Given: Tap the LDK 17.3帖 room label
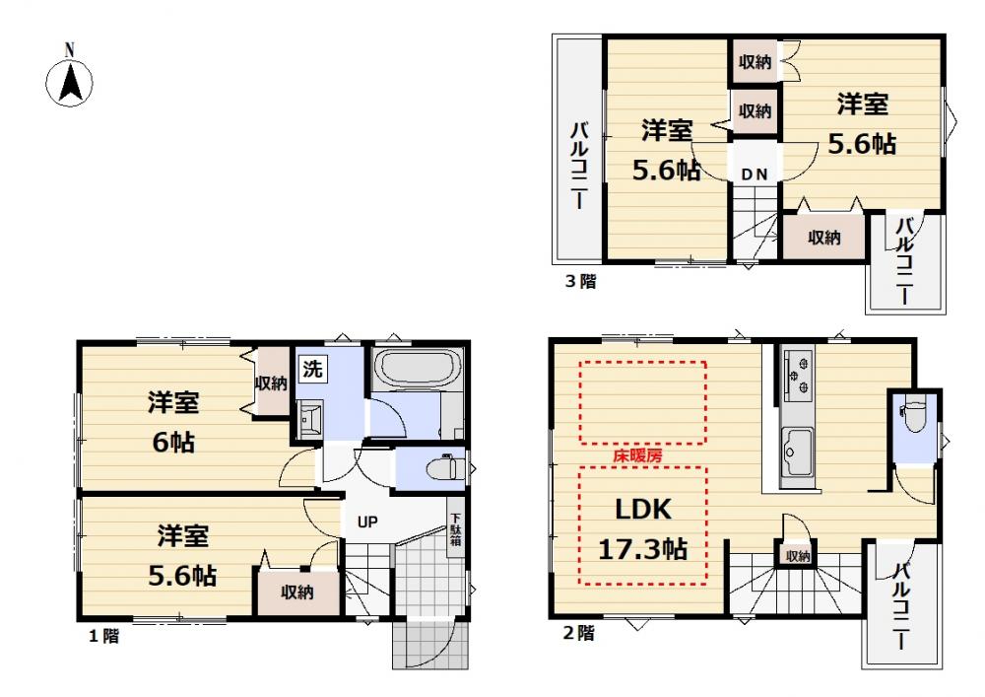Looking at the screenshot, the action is point(642,529).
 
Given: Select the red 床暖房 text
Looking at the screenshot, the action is point(637,455).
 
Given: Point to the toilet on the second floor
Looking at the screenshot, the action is point(915,415).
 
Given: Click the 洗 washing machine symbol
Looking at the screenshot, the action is point(312,369).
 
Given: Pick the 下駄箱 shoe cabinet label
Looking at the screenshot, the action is point(455,528).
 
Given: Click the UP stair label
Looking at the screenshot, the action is point(367,521).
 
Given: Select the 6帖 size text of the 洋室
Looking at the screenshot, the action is point(173,442).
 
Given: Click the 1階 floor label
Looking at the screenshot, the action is point(103,636).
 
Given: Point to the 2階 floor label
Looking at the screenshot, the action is point(578,632).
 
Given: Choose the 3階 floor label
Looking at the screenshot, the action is point(580,281).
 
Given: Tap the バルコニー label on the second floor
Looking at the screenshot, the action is point(900,606).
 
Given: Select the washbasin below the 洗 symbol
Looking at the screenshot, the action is point(309,419).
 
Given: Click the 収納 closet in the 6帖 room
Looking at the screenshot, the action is point(272,383).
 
